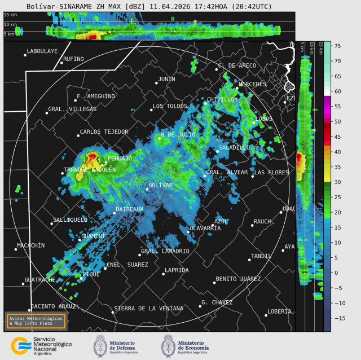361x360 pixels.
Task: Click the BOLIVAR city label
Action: coord(160,185)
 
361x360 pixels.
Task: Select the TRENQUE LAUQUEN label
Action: coord(90,170)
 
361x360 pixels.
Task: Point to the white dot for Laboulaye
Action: coord(25,55)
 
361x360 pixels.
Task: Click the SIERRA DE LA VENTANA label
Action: coord(149,309)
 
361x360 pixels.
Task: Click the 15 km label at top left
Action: coord(10,15)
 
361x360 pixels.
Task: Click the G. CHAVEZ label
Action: coord(217,302)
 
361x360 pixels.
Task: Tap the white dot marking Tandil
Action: coord(249,260)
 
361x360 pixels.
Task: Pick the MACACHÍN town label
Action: coord(31,245)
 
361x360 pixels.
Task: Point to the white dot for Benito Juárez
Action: coord(214,282)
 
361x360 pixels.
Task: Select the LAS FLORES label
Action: coord(271,172)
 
